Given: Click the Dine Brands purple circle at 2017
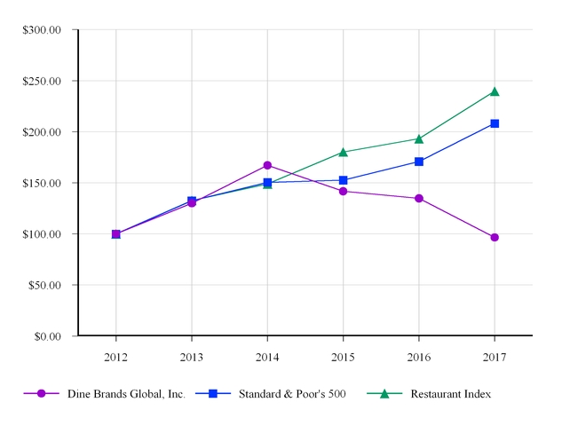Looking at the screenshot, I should click(495, 237).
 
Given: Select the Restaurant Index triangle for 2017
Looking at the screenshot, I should click(495, 91).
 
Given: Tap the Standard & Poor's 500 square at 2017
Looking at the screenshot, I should click(495, 123).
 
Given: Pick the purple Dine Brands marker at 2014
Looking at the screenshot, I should click(267, 165).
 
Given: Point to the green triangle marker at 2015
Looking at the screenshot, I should click(343, 152).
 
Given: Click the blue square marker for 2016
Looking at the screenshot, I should click(419, 162).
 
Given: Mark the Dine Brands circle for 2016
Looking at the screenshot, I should click(419, 198).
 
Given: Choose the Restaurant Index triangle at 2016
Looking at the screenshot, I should click(419, 138).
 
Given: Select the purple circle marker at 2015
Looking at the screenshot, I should click(343, 191).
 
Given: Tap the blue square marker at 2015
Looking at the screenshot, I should click(343, 180).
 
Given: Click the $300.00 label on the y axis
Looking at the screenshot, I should click(42, 29).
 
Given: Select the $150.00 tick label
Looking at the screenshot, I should click(42, 183).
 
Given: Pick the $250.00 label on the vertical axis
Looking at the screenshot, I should click(42, 81).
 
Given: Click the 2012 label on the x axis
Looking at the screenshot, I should click(115, 357).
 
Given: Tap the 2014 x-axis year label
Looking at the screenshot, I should click(267, 357).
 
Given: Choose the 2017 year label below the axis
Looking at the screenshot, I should click(495, 357).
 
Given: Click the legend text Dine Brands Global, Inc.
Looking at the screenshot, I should click(126, 394).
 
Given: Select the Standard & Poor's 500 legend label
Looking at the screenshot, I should click(291, 394).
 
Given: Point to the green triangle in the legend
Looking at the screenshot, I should click(384, 393).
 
